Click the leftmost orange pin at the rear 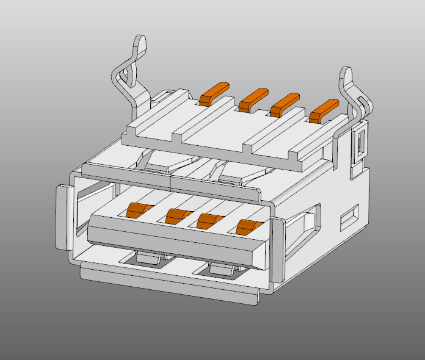(214, 92)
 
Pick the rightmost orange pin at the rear (324, 110)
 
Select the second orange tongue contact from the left (176, 215)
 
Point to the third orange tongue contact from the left (209, 220)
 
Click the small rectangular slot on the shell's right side (350, 217)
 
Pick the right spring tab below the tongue (222, 270)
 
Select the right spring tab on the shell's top (238, 174)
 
